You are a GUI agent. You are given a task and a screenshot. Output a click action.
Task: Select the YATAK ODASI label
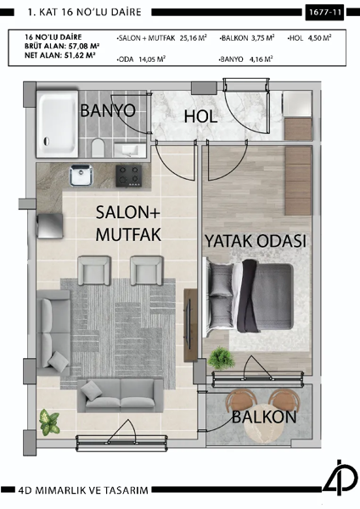[255, 241]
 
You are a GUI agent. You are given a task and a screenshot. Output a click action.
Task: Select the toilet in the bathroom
[98, 148]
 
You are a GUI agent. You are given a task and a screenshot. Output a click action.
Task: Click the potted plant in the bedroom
[222, 358]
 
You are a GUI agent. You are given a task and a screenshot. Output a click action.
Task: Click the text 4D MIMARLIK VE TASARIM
[87, 490]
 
